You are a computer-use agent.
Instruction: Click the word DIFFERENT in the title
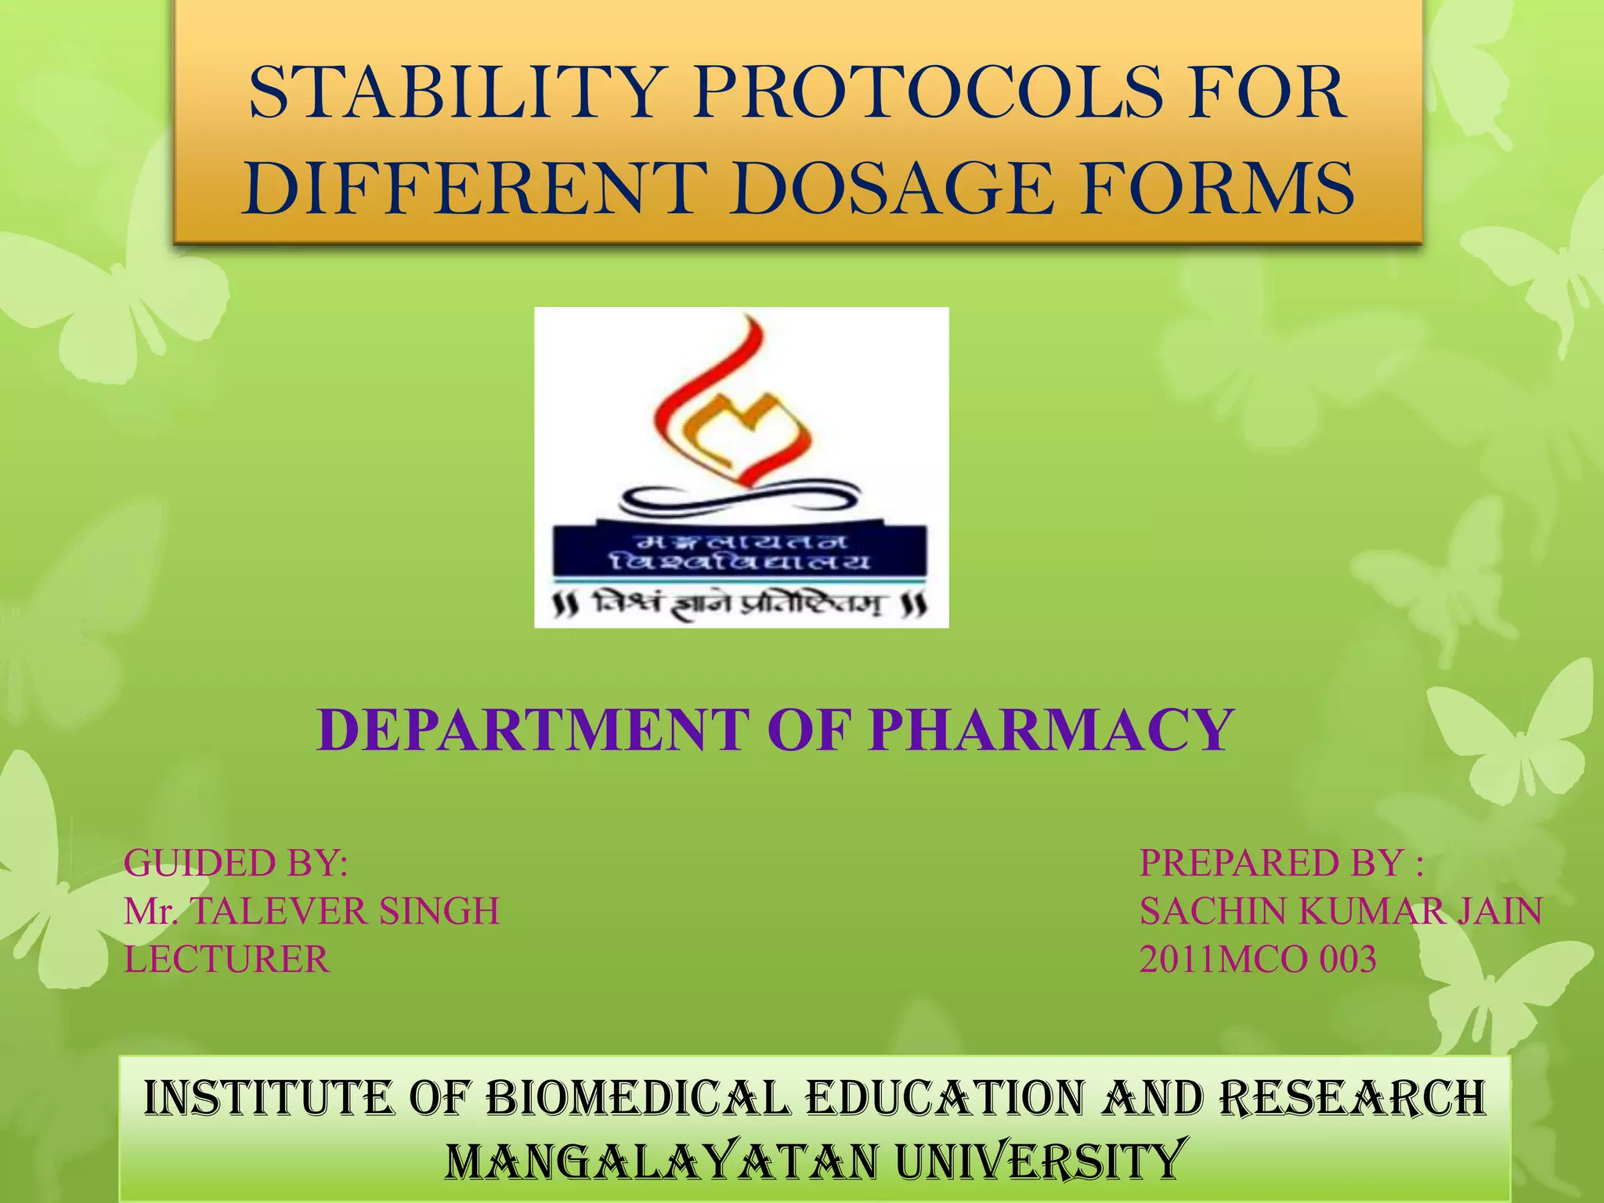point(468,188)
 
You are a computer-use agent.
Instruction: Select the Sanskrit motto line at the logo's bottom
point(740,605)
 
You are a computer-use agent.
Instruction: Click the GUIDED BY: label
point(236,863)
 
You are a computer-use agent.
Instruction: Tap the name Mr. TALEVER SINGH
point(312,912)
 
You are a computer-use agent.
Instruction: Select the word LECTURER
point(227,959)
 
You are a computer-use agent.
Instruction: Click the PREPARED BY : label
point(1281,863)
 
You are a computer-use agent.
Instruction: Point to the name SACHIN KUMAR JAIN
point(1340,912)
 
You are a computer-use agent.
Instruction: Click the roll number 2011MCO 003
point(1258,959)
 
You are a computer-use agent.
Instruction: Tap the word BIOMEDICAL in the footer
point(638,1098)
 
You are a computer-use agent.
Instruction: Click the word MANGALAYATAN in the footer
point(662,1161)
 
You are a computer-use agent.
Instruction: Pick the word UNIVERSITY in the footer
point(1038,1161)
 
